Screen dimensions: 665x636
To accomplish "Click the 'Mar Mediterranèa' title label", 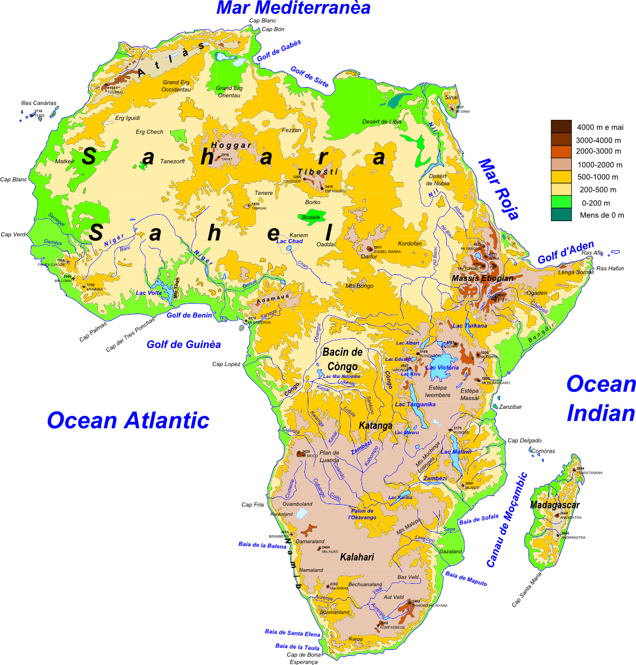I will click(293, 8).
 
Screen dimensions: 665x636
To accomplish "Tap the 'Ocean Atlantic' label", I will click(128, 420).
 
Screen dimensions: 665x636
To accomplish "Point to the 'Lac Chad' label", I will click(289, 241).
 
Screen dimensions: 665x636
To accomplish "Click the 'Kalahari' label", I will click(357, 557).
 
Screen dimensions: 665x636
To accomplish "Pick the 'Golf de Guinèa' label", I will click(183, 344).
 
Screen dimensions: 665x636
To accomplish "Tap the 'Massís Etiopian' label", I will click(482, 278).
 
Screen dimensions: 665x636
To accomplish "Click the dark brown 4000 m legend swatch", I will click(561, 126).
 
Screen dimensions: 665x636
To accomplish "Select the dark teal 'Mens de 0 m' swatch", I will click(561, 215).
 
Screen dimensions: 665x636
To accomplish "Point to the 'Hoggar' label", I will click(231, 145).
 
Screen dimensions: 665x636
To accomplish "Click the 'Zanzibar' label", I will click(511, 406).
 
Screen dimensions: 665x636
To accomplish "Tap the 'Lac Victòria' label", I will click(442, 367).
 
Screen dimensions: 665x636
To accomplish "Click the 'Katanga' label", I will click(375, 425).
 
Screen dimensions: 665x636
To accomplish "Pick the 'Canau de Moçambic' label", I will click(506, 519).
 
